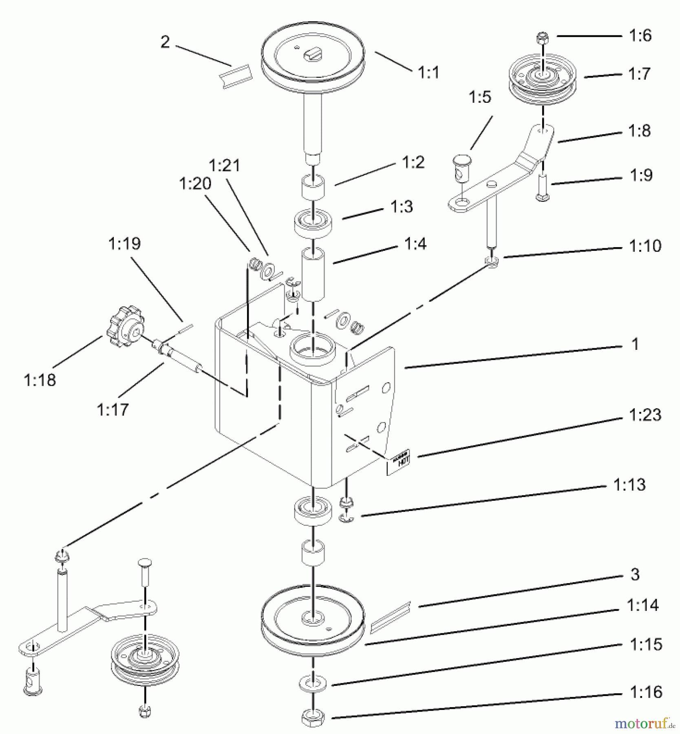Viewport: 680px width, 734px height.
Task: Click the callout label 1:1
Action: (x=428, y=73)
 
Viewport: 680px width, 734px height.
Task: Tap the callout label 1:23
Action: (x=645, y=415)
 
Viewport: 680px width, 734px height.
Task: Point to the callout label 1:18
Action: (x=40, y=380)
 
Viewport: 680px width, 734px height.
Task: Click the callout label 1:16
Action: (x=646, y=692)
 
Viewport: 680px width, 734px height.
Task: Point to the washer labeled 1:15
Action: (x=313, y=683)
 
